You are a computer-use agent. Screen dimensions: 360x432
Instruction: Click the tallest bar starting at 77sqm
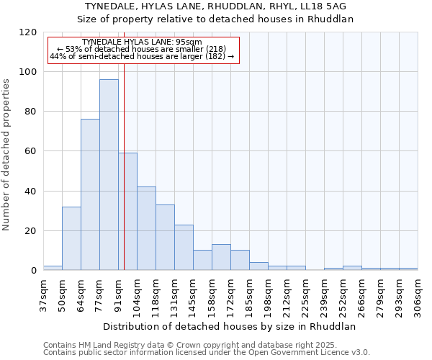click(109, 175)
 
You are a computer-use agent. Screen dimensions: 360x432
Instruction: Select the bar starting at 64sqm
click(90, 194)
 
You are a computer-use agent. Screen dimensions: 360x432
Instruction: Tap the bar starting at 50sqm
click(71, 238)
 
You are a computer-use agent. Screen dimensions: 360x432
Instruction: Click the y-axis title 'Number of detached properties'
click(6, 155)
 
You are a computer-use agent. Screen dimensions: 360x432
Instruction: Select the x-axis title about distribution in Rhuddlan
click(230, 326)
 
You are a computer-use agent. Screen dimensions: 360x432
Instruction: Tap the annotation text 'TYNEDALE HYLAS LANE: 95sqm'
click(142, 42)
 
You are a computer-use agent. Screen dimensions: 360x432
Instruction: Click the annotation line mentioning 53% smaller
click(142, 49)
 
